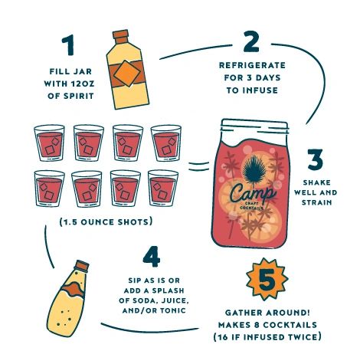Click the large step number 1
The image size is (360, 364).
coord(68,45)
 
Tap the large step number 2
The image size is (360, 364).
coord(251,41)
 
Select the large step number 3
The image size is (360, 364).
coord(316,159)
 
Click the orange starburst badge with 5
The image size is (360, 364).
coord(267,279)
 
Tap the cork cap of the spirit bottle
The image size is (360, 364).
coord(121,38)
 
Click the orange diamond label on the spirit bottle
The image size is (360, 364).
coord(127,74)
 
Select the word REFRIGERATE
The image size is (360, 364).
coord(252,65)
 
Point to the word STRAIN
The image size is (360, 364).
coord(316,202)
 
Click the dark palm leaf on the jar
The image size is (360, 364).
coord(254,167)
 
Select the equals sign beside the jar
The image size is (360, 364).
coord(199,166)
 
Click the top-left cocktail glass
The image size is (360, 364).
coord(49,143)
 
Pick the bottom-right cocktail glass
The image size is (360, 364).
coord(163,189)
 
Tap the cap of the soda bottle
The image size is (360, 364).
coord(82,266)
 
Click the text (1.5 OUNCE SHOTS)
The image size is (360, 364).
coord(106,221)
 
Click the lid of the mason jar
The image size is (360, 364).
coord(254,126)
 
